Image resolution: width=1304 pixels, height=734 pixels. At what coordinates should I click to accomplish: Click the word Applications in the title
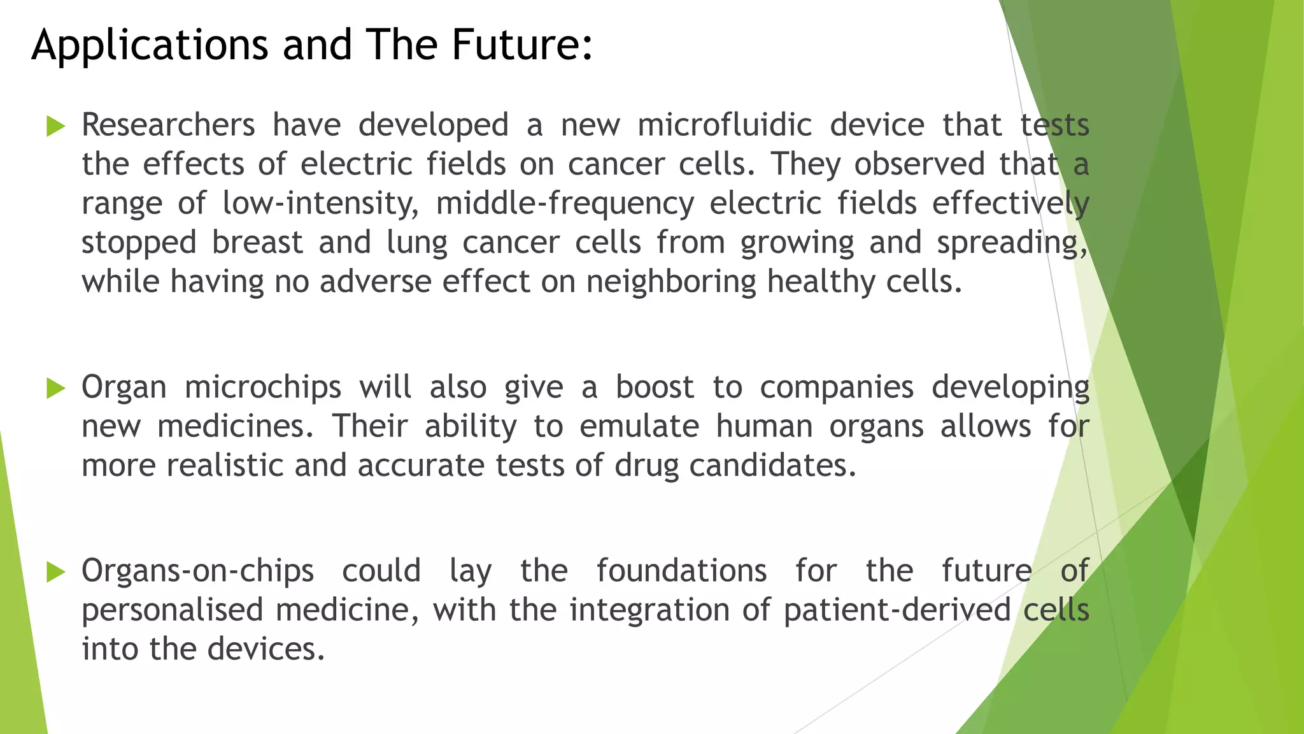[x=150, y=46]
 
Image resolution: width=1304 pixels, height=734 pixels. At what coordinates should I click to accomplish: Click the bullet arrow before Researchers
[x=56, y=126]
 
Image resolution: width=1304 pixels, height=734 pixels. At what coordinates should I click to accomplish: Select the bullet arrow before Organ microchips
[x=56, y=388]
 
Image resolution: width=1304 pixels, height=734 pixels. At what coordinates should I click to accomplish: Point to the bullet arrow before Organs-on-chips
[x=56, y=572]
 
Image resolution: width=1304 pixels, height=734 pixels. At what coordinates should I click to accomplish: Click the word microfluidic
[x=725, y=125]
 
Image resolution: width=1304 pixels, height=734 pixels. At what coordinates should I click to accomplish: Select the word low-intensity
[x=320, y=204]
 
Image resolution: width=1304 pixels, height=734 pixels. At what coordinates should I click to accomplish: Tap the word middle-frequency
[x=565, y=204]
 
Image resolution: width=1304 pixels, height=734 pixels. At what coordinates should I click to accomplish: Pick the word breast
[x=257, y=243]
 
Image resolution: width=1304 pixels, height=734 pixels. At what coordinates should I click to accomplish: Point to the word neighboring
[x=671, y=282]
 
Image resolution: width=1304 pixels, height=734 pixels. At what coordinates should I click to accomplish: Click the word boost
[x=655, y=387]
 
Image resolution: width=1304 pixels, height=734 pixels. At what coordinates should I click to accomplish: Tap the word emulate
[x=639, y=426]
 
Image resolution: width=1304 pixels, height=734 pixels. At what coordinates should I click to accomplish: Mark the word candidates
[x=772, y=466]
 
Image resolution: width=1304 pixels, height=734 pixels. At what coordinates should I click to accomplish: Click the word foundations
[x=681, y=571]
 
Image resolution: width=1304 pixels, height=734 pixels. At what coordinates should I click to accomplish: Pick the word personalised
[x=172, y=610]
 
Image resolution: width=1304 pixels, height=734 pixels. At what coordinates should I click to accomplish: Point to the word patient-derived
[x=897, y=610]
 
